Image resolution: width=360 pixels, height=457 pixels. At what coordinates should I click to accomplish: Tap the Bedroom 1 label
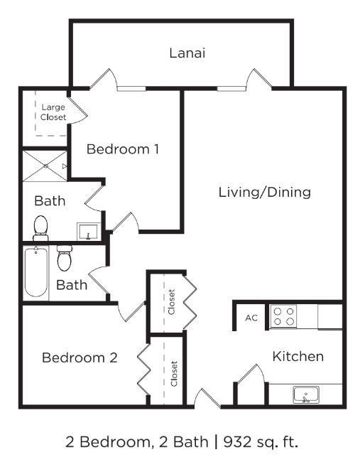click(x=122, y=149)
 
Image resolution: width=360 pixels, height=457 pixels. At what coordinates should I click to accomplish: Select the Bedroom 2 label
click(x=79, y=357)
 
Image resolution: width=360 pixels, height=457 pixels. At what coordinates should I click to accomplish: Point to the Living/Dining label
click(x=264, y=192)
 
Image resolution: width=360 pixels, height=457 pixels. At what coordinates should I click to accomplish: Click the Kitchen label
click(x=298, y=356)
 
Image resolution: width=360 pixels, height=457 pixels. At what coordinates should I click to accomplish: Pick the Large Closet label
click(x=53, y=112)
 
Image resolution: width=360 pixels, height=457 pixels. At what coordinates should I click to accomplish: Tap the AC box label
click(x=251, y=318)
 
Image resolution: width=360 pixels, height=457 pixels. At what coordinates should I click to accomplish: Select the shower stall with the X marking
click(x=45, y=166)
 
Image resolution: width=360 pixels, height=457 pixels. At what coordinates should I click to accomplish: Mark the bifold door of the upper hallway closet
click(x=190, y=301)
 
